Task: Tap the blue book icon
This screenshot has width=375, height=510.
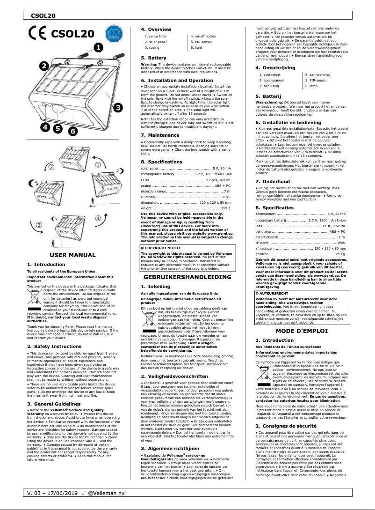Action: pyautogui.click(x=114, y=34)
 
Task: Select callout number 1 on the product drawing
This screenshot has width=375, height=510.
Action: pyautogui.click(x=98, y=47)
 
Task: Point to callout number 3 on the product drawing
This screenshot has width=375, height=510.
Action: pyautogui.click(x=118, y=107)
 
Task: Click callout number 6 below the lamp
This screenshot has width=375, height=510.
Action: pyautogui.click(x=73, y=132)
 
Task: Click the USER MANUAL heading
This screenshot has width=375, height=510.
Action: pyautogui.click(x=72, y=255)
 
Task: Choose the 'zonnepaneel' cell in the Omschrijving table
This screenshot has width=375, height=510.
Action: pyautogui.click(x=273, y=80)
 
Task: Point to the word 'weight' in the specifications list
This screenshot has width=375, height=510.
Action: pyautogui.click(x=147, y=207)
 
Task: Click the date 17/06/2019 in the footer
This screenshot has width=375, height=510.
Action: pyautogui.click(x=62, y=493)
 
